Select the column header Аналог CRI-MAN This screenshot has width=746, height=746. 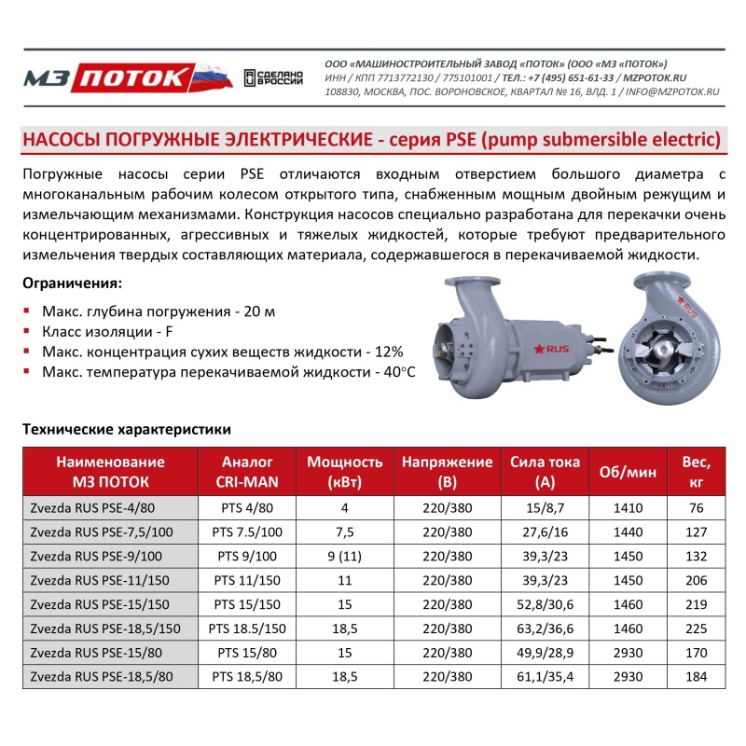pyautogui.click(x=247, y=472)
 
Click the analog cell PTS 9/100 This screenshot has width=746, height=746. pyautogui.click(x=247, y=556)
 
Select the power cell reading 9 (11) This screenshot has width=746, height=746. pyautogui.click(x=345, y=556)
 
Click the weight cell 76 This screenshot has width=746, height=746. pyautogui.click(x=696, y=508)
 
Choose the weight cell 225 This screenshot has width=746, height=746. pyautogui.click(x=696, y=629)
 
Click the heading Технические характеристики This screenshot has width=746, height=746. pyautogui.click(x=126, y=430)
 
